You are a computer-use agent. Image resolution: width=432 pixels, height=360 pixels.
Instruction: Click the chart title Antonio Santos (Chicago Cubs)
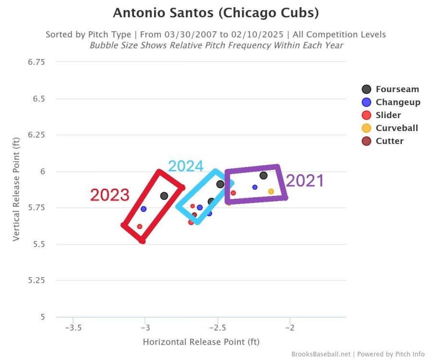coord(216,13)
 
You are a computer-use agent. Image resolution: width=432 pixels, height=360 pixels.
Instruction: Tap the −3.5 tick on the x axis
coord(72,327)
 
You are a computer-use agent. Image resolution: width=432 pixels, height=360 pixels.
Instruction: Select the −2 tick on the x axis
coord(290,327)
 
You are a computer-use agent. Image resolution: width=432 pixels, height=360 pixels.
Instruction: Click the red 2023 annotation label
coord(110,195)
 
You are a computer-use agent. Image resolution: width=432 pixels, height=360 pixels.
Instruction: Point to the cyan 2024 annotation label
coord(186,166)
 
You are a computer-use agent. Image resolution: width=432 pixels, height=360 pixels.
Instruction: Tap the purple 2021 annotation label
coord(305,181)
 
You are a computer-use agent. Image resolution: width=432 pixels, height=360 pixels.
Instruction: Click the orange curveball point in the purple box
coord(271,192)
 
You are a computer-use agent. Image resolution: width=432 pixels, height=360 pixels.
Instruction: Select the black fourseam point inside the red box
coord(164,196)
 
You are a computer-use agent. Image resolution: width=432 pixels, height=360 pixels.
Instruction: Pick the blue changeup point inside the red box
coord(144,209)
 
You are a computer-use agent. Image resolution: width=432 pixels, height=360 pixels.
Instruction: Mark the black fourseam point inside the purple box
coord(264,175)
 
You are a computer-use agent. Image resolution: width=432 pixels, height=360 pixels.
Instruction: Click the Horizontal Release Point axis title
coord(201,342)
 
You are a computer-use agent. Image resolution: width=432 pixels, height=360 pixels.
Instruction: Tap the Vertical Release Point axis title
coord(16,189)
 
